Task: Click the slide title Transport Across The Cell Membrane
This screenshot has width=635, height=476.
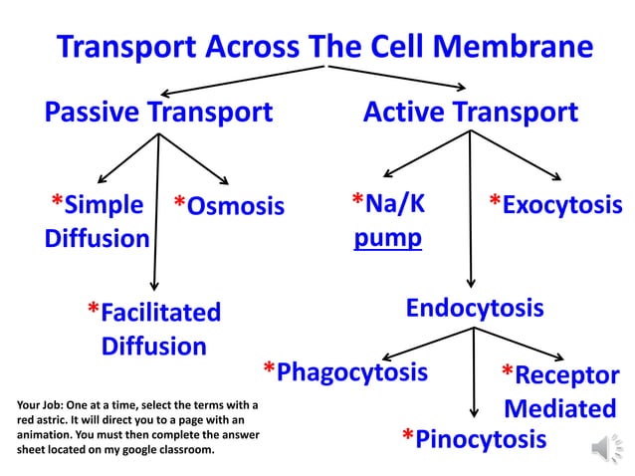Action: pyautogui.click(x=324, y=47)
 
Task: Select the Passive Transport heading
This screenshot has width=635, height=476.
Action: pyautogui.click(x=158, y=113)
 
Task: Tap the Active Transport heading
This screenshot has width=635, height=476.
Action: pyautogui.click(x=470, y=113)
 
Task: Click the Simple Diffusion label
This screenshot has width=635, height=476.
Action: pyautogui.click(x=98, y=222)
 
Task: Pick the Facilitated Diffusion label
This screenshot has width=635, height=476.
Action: pyautogui.click(x=153, y=329)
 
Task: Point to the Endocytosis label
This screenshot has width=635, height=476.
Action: pyautogui.click(x=475, y=308)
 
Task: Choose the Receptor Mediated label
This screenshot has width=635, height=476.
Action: pyautogui.click(x=559, y=391)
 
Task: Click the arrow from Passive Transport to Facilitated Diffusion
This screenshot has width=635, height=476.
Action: pyautogui.click(x=156, y=219)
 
